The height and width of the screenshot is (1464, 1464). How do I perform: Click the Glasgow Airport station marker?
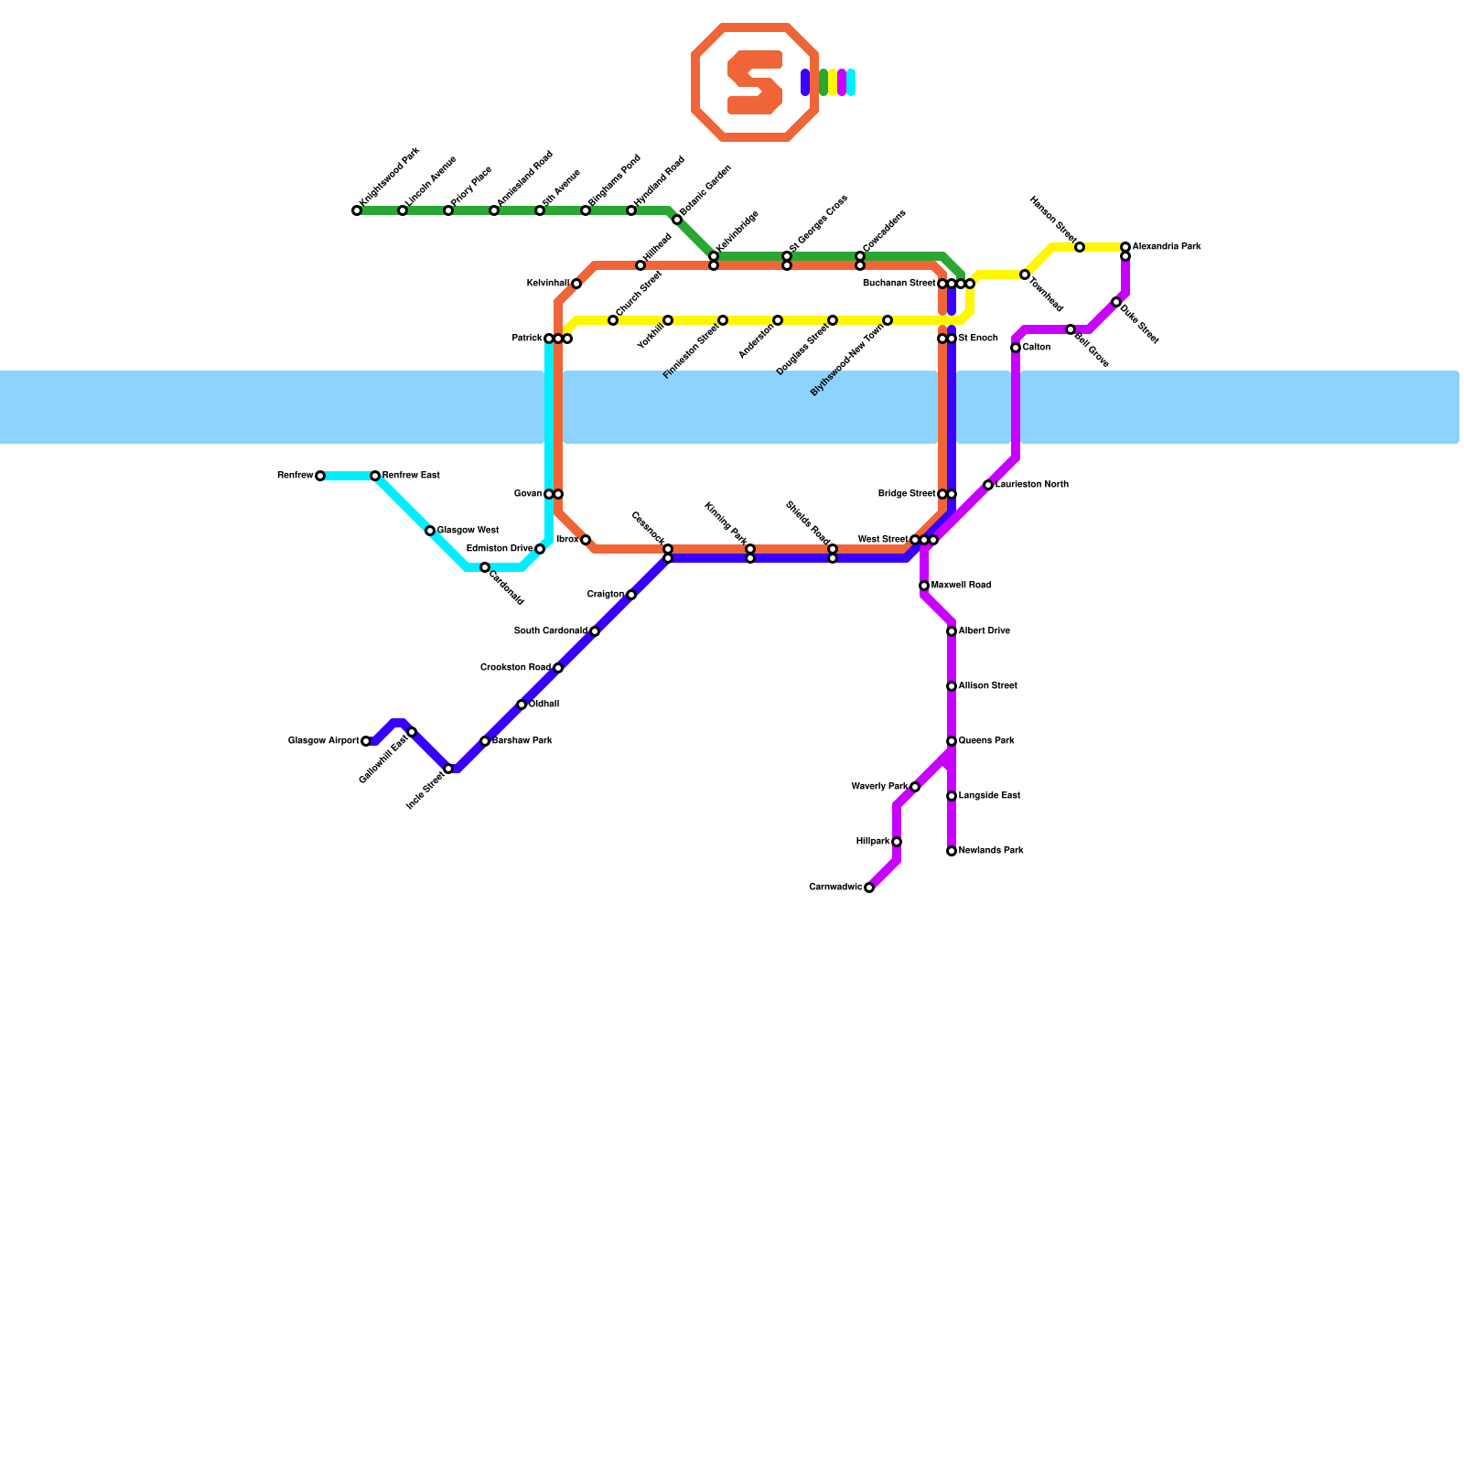pyautogui.click(x=366, y=741)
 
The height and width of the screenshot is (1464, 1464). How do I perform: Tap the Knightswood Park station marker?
pyautogui.click(x=357, y=211)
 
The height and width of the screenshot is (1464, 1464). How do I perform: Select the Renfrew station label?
pyautogui.click(x=296, y=476)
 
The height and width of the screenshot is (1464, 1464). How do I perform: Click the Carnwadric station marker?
pyautogui.click(x=869, y=888)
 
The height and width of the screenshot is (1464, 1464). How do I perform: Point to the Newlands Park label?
pyautogui.click(x=991, y=851)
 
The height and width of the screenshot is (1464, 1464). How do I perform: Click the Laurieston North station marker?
pyautogui.click(x=988, y=485)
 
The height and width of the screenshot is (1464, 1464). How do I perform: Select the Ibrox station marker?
pyautogui.click(x=586, y=540)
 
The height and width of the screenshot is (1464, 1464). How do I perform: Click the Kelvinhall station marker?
pyautogui.click(x=576, y=284)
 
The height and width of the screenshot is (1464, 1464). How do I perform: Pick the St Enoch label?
pyautogui.click(x=978, y=339)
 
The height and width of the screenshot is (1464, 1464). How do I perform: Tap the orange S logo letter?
pyautogui.click(x=755, y=82)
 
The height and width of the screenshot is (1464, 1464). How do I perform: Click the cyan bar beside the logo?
pyautogui.click(x=851, y=82)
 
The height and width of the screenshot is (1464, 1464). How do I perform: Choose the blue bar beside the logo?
pyautogui.click(x=805, y=82)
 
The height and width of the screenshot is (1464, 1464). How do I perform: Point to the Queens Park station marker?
pyautogui.click(x=952, y=741)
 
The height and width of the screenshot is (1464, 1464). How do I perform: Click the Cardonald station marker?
pyautogui.click(x=485, y=567)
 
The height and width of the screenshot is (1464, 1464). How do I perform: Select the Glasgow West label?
pyautogui.click(x=468, y=531)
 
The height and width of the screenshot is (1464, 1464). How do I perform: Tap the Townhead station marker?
pyautogui.click(x=1025, y=274)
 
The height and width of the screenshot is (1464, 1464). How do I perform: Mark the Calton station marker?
pyautogui.click(x=1016, y=348)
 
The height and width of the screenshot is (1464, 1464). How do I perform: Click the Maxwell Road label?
pyautogui.click(x=961, y=586)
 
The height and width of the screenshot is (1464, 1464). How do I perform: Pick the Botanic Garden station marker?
pyautogui.click(x=677, y=220)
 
